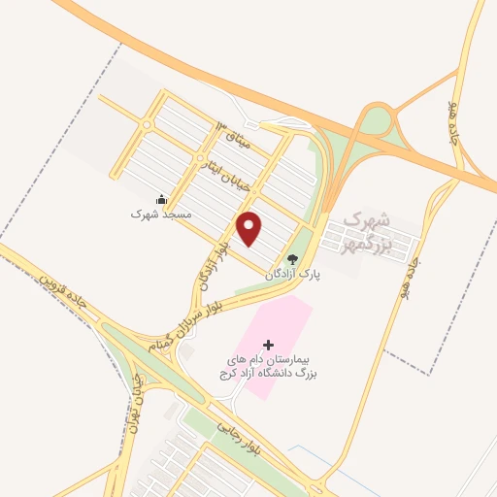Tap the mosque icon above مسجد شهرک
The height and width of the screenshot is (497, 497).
pos(161,199)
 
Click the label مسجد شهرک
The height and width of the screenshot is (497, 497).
pos(156,213)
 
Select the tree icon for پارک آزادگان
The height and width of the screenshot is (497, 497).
pos(292,259)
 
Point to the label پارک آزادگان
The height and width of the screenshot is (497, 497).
pos(293,275)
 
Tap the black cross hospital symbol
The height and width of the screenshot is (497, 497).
pos(269,345)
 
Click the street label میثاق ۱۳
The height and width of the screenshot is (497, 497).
pos(234,137)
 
